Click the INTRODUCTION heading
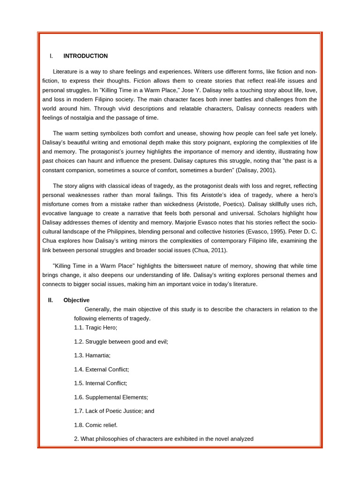tap(85, 56)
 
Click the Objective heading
tap(76, 300)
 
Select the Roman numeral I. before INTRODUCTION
tap(51, 56)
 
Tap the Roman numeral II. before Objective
tap(50, 300)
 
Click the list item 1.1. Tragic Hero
tap(96, 328)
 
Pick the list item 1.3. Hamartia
tap(92, 355)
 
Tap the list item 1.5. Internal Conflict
tap(100, 383)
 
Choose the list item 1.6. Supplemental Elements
tap(111, 397)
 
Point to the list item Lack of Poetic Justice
tap(114, 411)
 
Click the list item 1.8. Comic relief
tap(96, 425)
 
